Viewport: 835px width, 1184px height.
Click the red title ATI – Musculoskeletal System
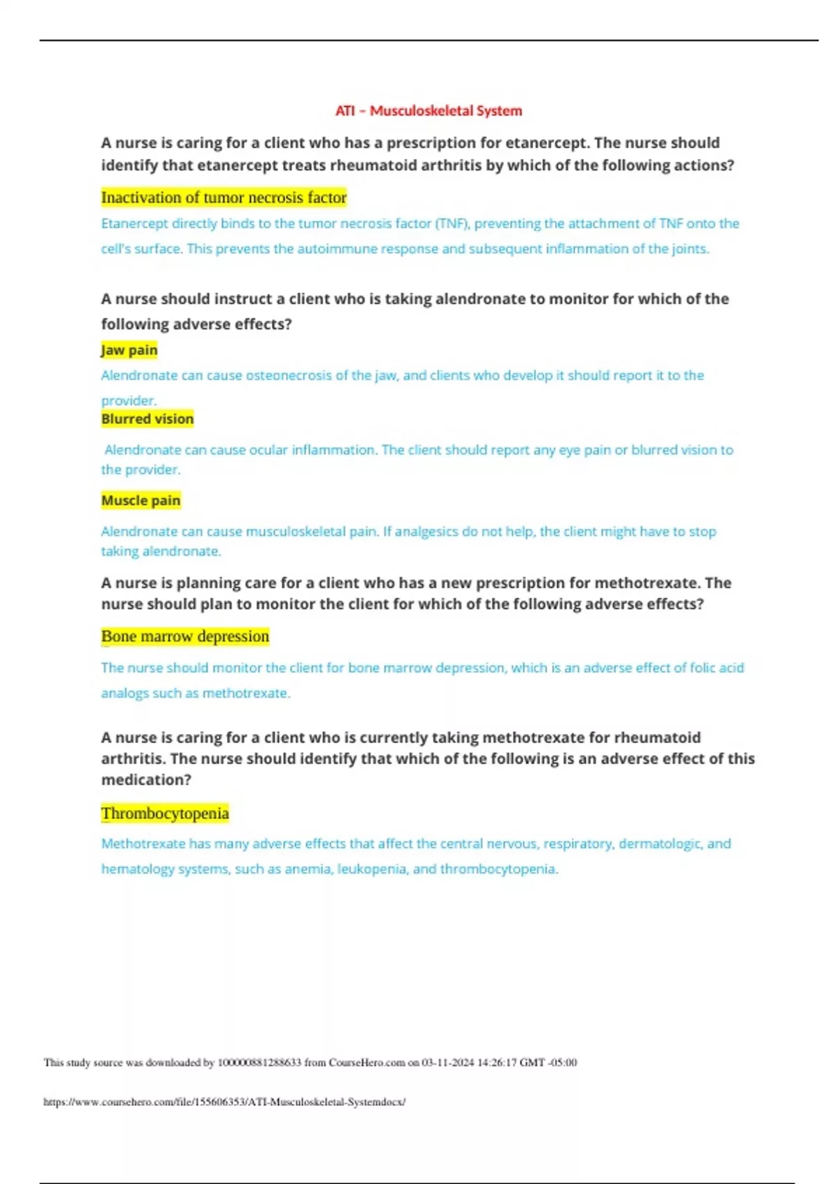tap(428, 111)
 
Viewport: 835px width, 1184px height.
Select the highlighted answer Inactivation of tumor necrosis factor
tap(223, 198)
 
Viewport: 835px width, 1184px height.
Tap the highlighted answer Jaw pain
tap(129, 350)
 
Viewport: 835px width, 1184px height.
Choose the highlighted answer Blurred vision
tap(148, 419)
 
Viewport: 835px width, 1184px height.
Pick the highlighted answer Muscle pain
tap(141, 500)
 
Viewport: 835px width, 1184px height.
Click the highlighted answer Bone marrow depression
tap(185, 637)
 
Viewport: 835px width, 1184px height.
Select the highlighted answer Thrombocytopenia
tap(165, 813)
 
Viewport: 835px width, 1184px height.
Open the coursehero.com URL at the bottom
tap(224, 1102)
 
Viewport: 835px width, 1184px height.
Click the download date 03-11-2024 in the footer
tap(447, 1063)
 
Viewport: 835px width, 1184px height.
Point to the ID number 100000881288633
tap(260, 1063)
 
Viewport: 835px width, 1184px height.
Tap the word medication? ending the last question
tap(146, 780)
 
